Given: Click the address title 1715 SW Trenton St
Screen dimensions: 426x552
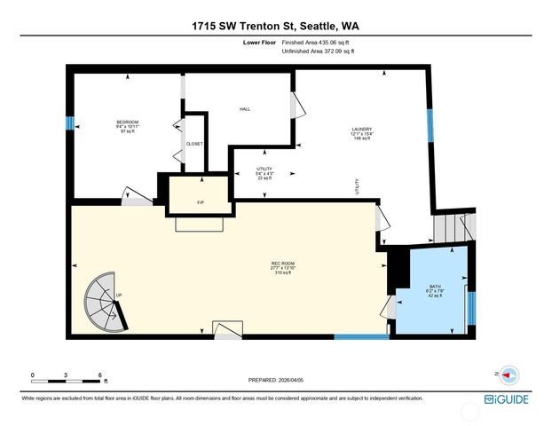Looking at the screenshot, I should tap(275, 26).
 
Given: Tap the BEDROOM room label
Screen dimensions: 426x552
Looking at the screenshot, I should tap(128, 122).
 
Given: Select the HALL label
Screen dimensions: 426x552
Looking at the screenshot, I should tap(244, 109).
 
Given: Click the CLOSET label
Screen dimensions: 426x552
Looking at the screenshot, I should tap(193, 144).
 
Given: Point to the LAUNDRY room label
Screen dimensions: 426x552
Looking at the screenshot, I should tap(361, 129).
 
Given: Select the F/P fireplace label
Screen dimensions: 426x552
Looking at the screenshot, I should tap(201, 203).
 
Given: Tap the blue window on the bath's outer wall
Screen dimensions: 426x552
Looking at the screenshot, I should tap(471, 306).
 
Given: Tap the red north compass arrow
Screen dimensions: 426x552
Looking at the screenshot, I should tap(508, 374).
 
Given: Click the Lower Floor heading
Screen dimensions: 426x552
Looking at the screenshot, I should tap(258, 43).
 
